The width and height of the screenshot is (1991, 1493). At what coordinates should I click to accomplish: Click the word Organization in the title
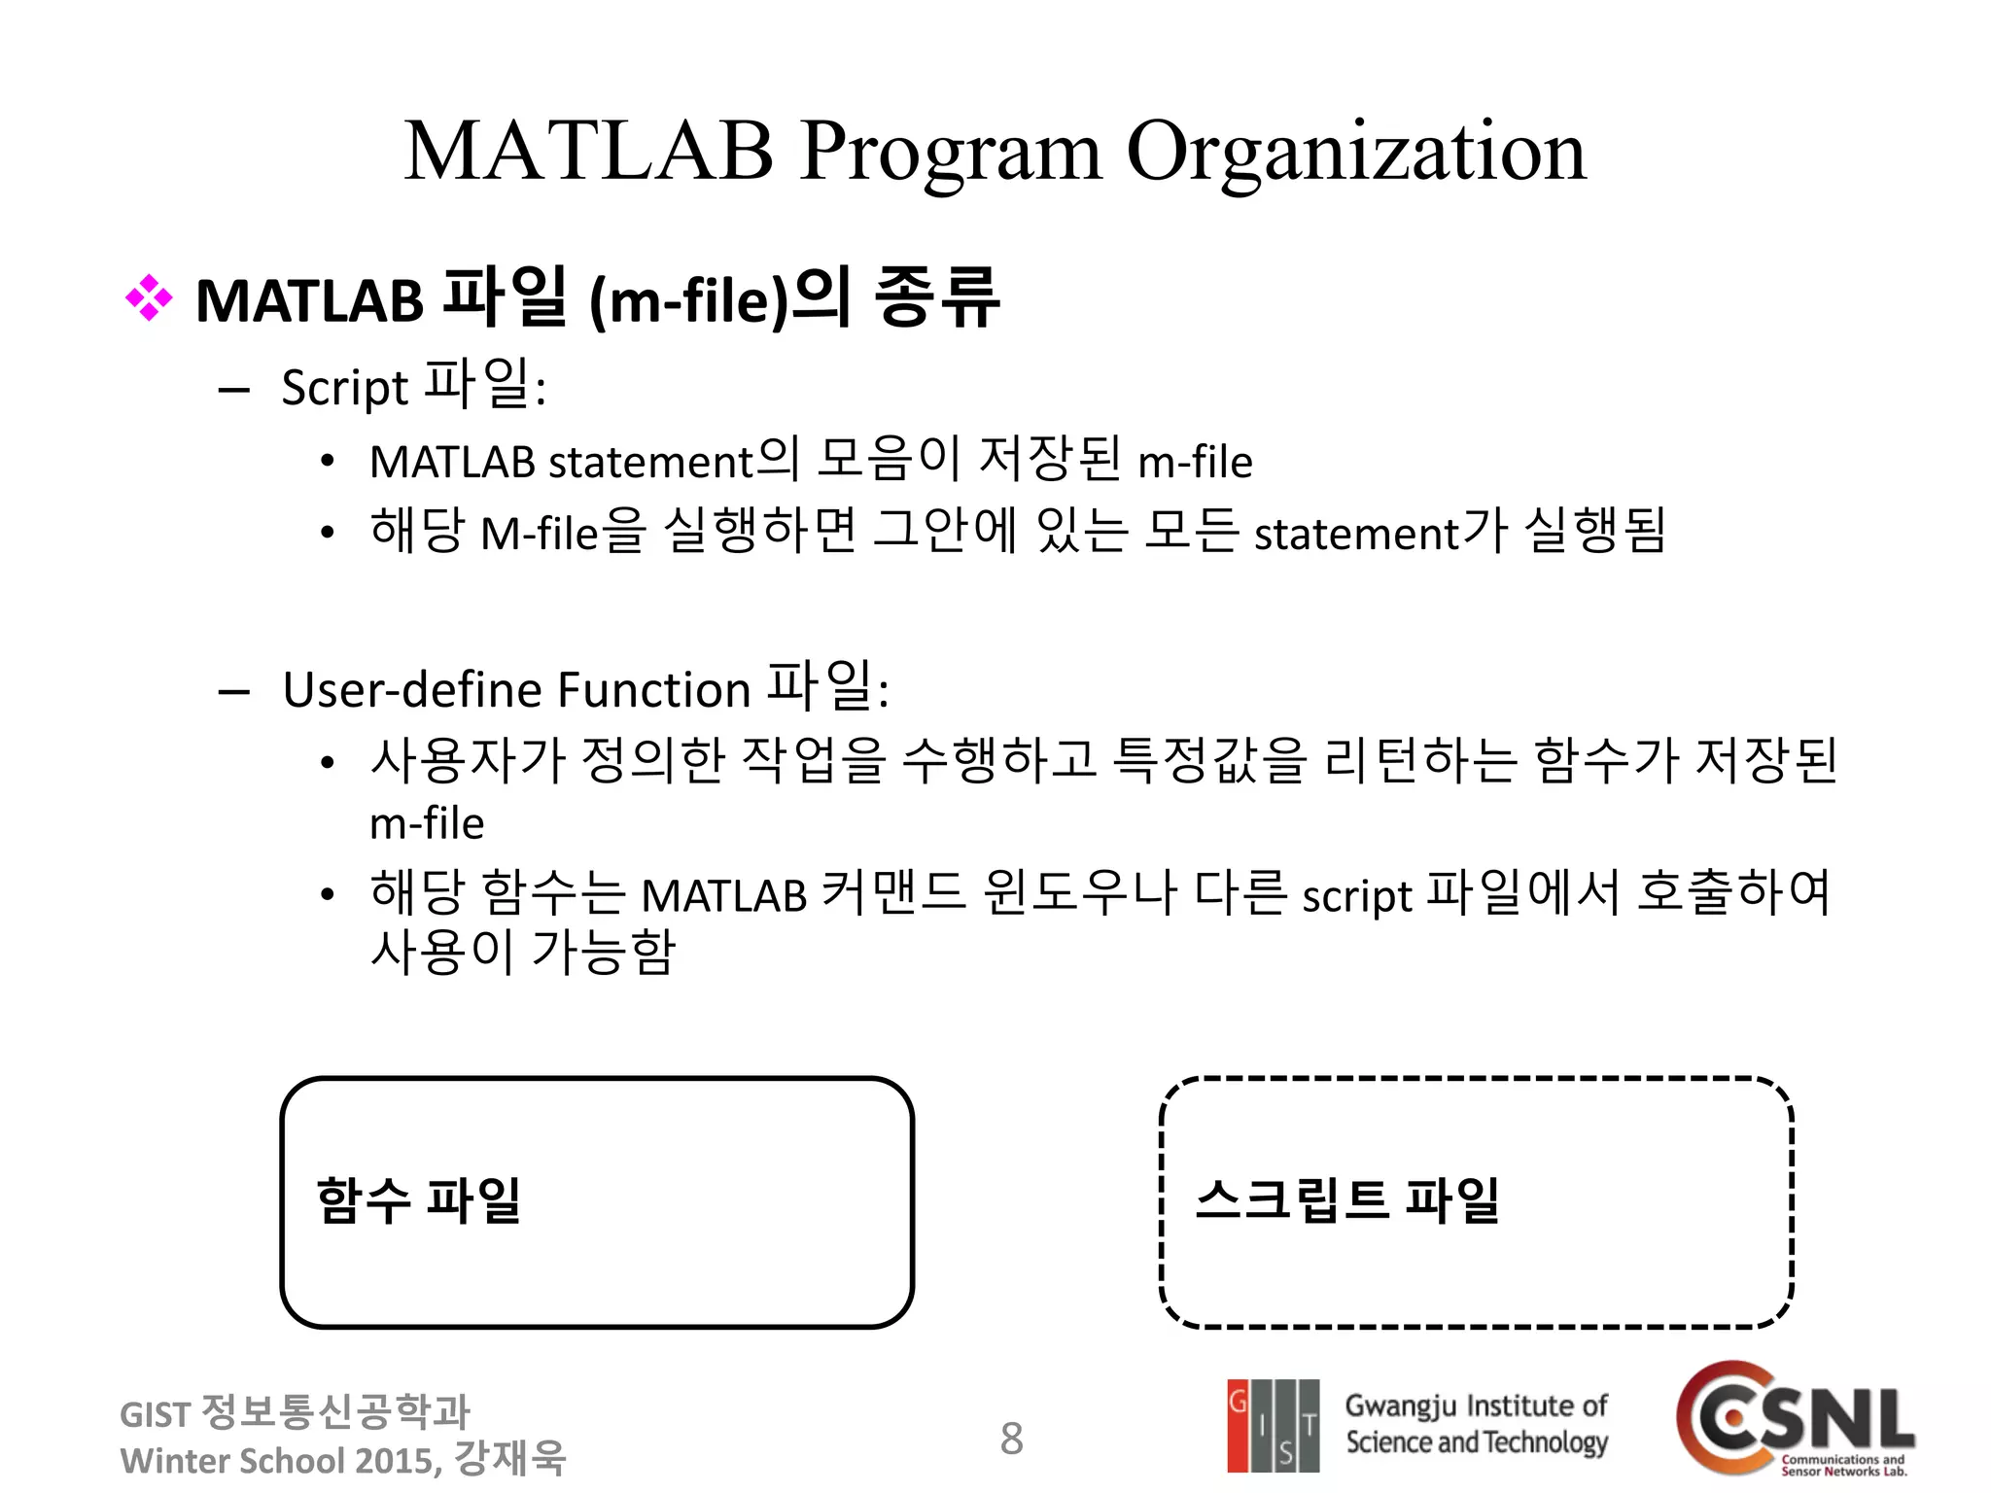point(1355,153)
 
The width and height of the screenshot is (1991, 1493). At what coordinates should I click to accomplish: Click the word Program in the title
point(951,153)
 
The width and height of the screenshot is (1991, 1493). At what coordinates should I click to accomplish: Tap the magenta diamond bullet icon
point(149,298)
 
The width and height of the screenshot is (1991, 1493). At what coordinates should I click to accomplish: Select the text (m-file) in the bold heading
point(688,301)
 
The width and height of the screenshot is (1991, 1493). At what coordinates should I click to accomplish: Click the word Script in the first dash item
point(344,388)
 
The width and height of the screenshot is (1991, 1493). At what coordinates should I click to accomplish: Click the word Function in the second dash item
point(653,690)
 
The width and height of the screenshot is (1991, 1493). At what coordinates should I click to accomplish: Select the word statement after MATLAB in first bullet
point(651,463)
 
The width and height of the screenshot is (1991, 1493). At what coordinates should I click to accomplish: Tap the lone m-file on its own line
point(427,823)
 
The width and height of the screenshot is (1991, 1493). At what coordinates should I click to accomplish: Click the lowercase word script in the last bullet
point(1356,896)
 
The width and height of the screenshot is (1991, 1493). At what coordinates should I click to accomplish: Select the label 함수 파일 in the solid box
point(418,1200)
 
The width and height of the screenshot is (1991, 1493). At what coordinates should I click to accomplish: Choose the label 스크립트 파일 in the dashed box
point(1346,1200)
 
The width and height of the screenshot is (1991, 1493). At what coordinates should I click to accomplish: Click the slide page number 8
point(1011,1439)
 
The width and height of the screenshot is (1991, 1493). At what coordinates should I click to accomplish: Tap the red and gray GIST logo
point(1273,1425)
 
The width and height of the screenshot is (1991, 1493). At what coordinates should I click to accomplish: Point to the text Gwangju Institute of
point(1476,1406)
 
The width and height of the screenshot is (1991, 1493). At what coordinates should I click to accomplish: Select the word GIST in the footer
point(155,1414)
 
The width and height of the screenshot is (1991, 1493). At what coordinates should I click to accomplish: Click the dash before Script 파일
point(234,391)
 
